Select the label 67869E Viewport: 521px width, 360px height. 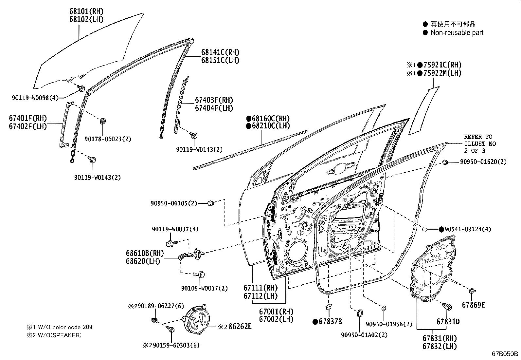(473, 305)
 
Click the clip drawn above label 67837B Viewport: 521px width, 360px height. (328, 307)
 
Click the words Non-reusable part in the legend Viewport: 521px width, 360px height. (457, 32)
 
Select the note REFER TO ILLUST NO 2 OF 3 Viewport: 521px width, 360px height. (479, 144)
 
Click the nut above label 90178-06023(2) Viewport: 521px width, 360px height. (103, 121)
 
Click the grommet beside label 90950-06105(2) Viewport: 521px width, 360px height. (211, 203)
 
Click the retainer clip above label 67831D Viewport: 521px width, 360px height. (448, 307)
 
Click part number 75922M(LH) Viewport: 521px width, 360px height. (440, 73)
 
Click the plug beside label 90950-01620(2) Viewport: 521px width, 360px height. (445, 162)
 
